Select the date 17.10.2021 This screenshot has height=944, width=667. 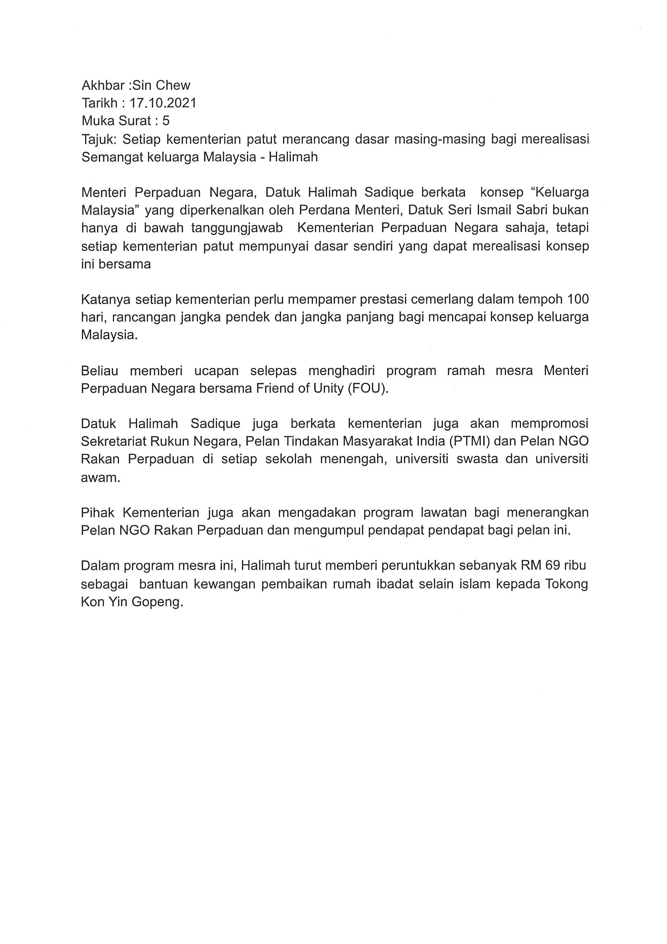(163, 103)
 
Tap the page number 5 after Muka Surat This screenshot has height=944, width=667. (166, 121)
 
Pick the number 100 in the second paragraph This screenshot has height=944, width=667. (578, 299)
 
